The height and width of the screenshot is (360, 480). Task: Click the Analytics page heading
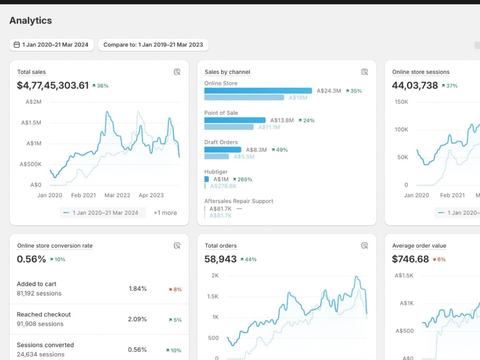(x=31, y=21)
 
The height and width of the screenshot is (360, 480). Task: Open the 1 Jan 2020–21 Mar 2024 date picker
(x=51, y=45)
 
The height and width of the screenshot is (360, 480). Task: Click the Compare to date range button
(x=153, y=45)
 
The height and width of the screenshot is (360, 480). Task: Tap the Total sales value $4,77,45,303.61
(x=53, y=85)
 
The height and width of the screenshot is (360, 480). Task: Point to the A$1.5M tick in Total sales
(x=31, y=123)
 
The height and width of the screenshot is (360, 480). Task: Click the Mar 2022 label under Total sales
(x=117, y=195)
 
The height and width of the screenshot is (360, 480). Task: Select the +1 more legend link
(x=165, y=213)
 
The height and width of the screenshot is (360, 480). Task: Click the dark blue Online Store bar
(x=258, y=91)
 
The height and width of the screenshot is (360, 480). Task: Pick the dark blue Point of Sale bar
(x=235, y=120)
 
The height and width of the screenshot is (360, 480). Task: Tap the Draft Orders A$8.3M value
(x=256, y=150)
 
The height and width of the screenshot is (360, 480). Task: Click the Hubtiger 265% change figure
(x=245, y=180)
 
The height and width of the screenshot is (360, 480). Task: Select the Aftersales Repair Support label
(x=239, y=201)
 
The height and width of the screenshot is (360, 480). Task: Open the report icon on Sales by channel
(x=364, y=72)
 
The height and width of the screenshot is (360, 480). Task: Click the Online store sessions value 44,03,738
(x=415, y=85)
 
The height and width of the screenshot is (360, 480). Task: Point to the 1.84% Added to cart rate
(x=138, y=288)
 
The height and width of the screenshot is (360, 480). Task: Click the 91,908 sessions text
(x=40, y=324)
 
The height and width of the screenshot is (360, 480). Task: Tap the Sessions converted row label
(x=45, y=345)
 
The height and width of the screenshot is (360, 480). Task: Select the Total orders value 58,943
(x=220, y=259)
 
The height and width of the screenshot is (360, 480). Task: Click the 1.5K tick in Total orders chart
(x=213, y=296)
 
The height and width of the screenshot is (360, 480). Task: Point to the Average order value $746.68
(x=410, y=259)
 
